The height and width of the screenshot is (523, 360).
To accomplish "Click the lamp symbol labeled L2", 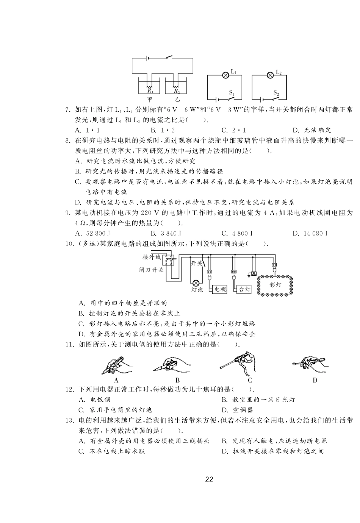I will [270, 75].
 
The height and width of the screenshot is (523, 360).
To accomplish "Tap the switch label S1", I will [232, 92].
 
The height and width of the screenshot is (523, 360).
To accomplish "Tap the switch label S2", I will [276, 92].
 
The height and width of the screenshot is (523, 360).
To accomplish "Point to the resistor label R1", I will [150, 91].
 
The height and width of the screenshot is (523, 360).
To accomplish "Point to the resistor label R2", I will [177, 91].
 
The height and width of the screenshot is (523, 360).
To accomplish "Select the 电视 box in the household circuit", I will [220, 289].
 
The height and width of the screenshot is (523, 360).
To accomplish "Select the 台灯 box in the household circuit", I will [244, 289].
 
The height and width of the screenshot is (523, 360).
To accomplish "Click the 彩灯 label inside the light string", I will [275, 285].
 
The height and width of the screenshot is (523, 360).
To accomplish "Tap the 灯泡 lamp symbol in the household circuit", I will [196, 283].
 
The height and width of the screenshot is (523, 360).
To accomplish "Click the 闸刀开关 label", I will [151, 270].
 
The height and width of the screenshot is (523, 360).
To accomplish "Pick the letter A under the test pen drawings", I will [116, 380].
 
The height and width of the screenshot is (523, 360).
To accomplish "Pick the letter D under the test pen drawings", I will [315, 380].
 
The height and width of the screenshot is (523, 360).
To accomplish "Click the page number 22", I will [209, 480].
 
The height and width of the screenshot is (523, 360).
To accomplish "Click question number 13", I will [69, 420].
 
